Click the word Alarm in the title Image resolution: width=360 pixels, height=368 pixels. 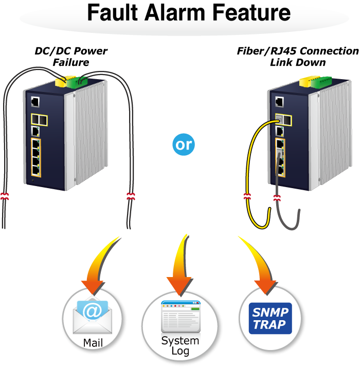tap(175, 13)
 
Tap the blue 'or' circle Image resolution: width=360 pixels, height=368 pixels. tap(184, 144)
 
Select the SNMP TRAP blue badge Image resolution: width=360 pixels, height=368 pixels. tap(270, 318)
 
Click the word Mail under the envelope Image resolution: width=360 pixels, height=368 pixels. tap(93, 343)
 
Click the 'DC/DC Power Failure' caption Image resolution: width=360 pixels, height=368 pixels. tap(71, 57)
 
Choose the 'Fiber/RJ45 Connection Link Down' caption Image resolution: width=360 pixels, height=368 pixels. tap(298, 57)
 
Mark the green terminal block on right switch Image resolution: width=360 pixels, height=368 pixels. tap(321, 82)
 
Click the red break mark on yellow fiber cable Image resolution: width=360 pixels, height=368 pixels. tap(247, 196)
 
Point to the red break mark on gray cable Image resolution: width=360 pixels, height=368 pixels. tap(277, 198)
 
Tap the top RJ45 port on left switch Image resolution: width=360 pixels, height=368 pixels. tap(35, 102)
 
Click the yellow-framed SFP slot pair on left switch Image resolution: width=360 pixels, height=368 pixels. tap(39, 120)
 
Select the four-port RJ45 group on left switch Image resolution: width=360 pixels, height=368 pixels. tap(36, 157)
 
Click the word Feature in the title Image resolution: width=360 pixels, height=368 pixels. tap(251, 13)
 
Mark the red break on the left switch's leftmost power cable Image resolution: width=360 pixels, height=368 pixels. tap(4, 196)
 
